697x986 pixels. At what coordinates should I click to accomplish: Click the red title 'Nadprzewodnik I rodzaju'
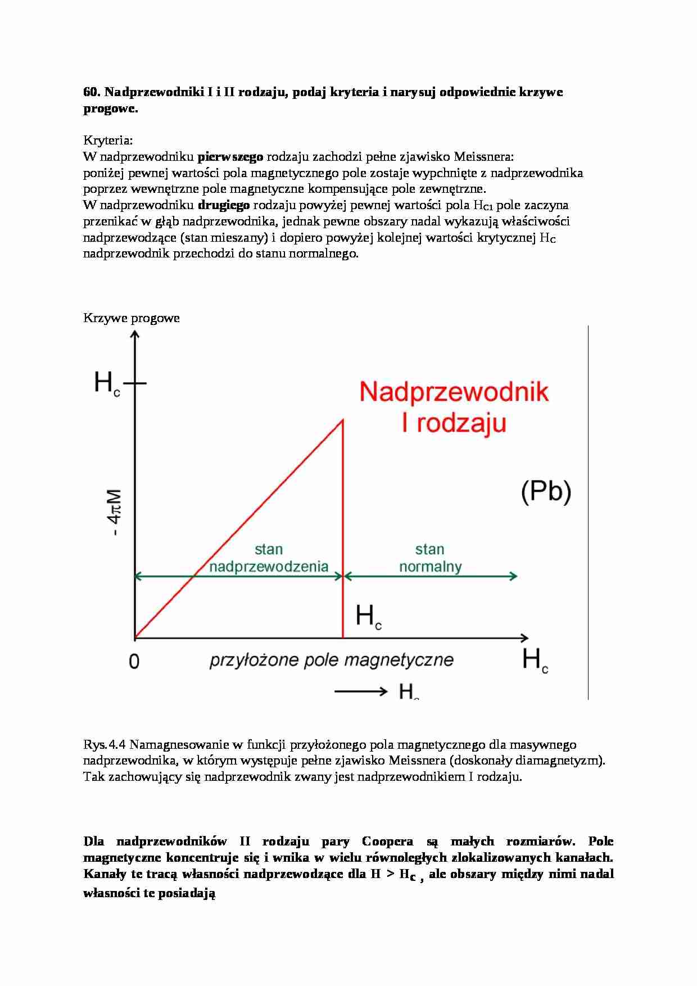pos(454,406)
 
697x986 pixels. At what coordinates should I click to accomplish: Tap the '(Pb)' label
pos(546,491)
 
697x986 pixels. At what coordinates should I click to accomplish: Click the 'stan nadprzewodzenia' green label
pos(269,558)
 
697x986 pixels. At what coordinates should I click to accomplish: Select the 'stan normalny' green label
pos(430,558)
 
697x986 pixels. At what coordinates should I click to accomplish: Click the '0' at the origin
pos(134,662)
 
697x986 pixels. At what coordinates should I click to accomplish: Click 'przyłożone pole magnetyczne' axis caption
pos(331,659)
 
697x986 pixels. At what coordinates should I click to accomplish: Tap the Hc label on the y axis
pos(107,384)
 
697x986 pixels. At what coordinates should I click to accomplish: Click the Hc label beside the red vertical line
pos(369,617)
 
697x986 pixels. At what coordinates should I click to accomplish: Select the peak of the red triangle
pos(342,420)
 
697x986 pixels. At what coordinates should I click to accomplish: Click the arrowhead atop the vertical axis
pos(135,335)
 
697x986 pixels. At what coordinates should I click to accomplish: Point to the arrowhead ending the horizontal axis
pos(524,637)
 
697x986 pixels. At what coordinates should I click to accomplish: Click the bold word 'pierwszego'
pos(230,156)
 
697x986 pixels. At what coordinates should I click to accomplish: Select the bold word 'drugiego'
pos(223,205)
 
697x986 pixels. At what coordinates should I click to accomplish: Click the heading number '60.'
pos(91,92)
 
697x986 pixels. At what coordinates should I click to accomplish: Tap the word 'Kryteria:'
pos(108,140)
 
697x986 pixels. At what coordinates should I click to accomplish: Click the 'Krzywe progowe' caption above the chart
pos(131,318)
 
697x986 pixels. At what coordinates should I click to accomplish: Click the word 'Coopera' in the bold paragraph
pos(387,842)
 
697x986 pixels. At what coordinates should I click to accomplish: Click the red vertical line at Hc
pos(343,528)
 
